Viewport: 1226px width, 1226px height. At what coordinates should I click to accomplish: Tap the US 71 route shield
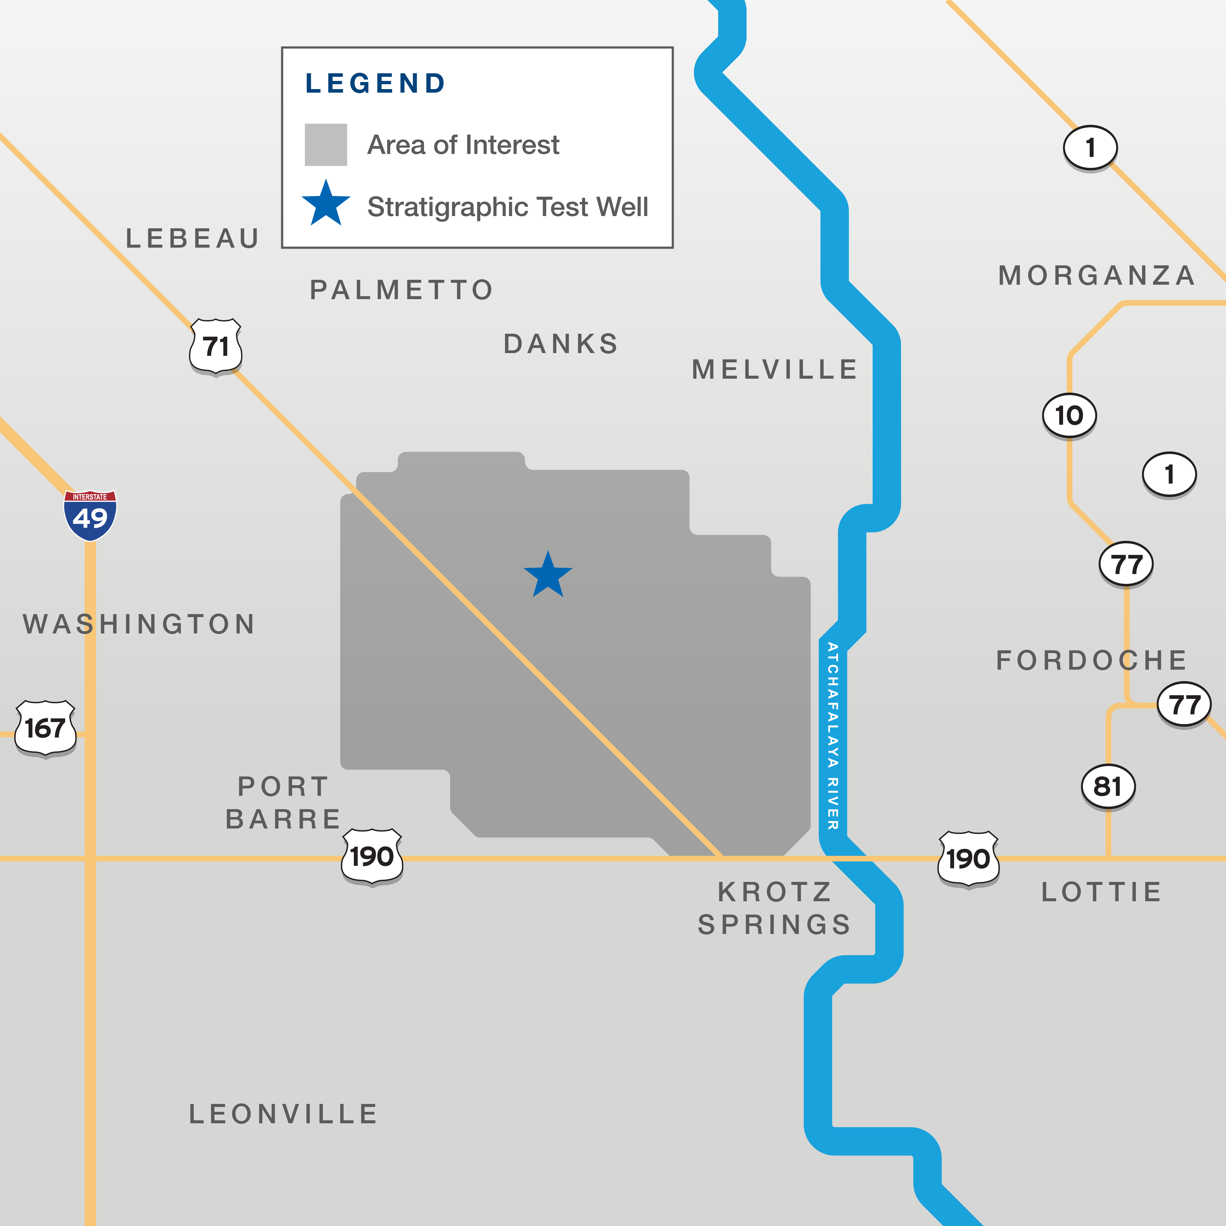coord(216,347)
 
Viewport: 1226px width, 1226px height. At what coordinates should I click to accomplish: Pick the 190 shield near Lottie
coord(968,858)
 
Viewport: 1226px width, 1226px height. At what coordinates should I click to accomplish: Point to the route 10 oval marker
coord(1069,416)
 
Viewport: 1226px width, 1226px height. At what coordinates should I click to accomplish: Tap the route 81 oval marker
coord(1108,787)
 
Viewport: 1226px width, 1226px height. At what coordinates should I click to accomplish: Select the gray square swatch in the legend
coord(326,145)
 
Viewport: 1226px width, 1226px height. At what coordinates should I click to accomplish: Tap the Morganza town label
coord(1097,275)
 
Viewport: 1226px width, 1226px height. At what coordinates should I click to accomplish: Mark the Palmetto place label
coord(401,290)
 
